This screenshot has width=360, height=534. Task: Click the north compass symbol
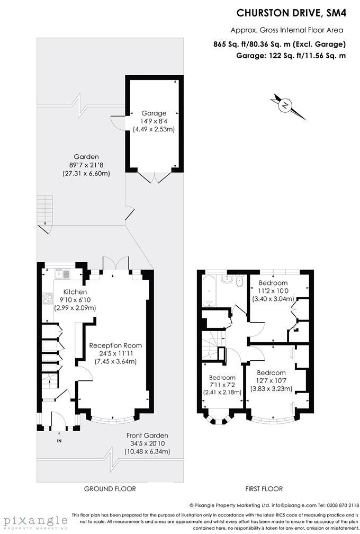coord(285,106)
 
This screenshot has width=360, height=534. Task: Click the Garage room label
coord(154,113)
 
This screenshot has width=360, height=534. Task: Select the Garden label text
coord(86,157)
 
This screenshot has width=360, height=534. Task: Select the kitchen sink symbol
coord(64,274)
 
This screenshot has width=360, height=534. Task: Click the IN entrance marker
coord(59,440)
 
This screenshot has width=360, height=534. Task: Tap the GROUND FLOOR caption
coord(110,489)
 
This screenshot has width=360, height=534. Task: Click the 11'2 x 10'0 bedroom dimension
coord(273,291)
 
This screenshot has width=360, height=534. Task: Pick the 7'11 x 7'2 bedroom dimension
coord(222,385)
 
